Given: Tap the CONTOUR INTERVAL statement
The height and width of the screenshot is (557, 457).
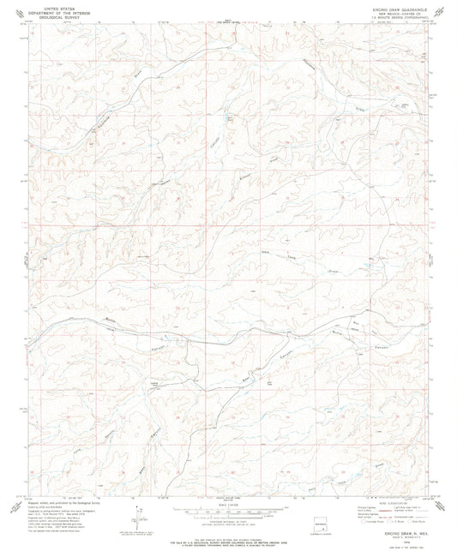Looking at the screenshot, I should [229, 520].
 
